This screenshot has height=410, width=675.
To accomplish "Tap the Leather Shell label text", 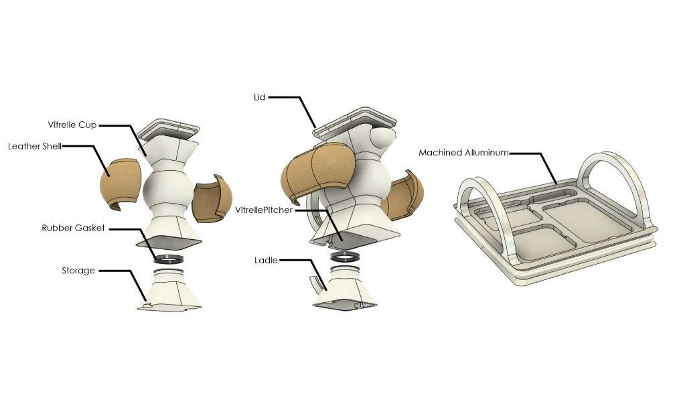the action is (33, 145).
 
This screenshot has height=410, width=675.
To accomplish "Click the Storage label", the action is (78, 271).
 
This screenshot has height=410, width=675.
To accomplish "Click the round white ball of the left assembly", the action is (167, 190).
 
